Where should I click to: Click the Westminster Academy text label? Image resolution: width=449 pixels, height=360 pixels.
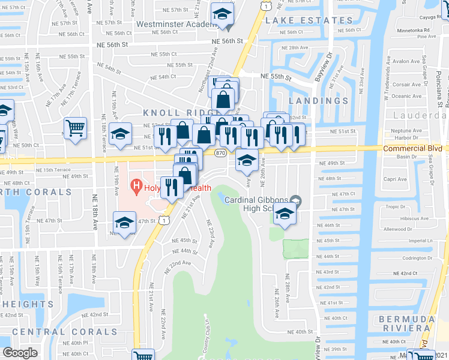[x=175, y=24]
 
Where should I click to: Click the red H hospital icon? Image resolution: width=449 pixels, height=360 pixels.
[x=137, y=187]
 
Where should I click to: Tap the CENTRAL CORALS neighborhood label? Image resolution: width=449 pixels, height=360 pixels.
[x=65, y=332]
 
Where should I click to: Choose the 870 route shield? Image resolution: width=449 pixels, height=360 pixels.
[x=220, y=154]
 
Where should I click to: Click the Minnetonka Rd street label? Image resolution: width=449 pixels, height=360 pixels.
[x=414, y=29]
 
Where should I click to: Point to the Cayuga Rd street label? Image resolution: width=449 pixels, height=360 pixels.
[x=433, y=17]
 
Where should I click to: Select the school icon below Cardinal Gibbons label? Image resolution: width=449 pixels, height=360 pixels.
[x=285, y=214]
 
